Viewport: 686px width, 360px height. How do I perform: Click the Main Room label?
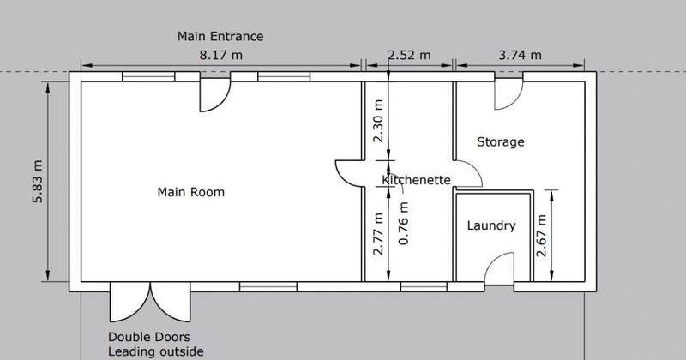point(190,192)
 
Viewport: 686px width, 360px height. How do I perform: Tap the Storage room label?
point(501,141)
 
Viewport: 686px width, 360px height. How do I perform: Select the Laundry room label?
point(491,225)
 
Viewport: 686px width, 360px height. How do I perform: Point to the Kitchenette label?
point(416,180)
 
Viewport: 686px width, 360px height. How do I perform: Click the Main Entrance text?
point(220,36)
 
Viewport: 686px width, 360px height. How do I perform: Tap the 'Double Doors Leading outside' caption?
point(156,345)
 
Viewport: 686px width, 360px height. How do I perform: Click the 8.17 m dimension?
point(221,55)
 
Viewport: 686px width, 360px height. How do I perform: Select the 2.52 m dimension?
point(409,55)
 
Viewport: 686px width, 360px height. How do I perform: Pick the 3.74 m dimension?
point(520,55)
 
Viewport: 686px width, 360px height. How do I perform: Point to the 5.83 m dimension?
point(38,182)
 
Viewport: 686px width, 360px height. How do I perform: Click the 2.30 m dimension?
point(378,121)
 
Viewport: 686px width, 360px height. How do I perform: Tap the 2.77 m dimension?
point(378,234)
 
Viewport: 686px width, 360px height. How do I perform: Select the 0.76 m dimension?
point(404,223)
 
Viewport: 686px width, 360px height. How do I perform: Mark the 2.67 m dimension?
point(542,236)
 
